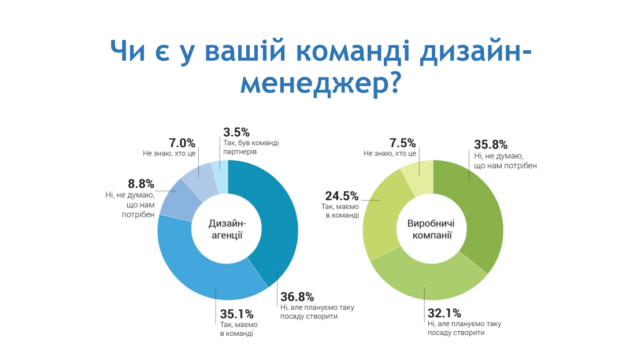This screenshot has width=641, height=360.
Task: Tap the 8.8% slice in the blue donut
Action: (173, 199)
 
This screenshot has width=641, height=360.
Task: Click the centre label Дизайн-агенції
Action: (228, 229)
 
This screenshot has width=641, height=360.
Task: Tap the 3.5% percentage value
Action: (237, 132)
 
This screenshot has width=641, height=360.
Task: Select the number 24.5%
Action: (342, 195)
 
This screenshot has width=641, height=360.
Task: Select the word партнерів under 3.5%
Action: (239, 151)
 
